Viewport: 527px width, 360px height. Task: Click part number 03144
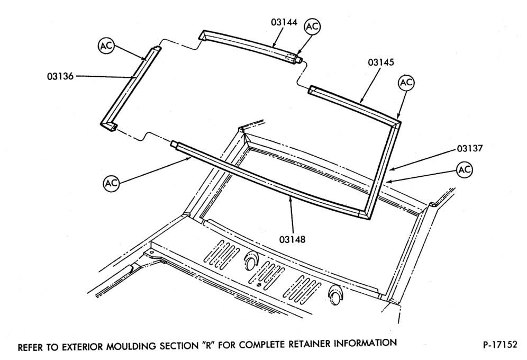click(284, 22)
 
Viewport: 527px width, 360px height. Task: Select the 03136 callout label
click(60, 76)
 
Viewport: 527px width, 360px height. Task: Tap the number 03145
click(381, 62)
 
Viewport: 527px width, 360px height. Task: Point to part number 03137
click(469, 148)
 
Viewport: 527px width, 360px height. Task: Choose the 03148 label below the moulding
click(293, 239)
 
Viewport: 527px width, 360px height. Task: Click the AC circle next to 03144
click(312, 26)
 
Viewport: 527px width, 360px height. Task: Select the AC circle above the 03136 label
click(106, 46)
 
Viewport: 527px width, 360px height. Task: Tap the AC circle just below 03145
click(406, 83)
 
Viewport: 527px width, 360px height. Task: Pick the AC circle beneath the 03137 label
click(465, 170)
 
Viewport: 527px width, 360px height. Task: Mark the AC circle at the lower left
click(111, 183)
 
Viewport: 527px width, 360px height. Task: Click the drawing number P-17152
click(500, 345)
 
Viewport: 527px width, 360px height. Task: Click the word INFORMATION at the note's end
click(365, 343)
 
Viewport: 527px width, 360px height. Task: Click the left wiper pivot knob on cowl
click(250, 261)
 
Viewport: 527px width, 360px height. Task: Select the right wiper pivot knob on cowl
click(334, 295)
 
